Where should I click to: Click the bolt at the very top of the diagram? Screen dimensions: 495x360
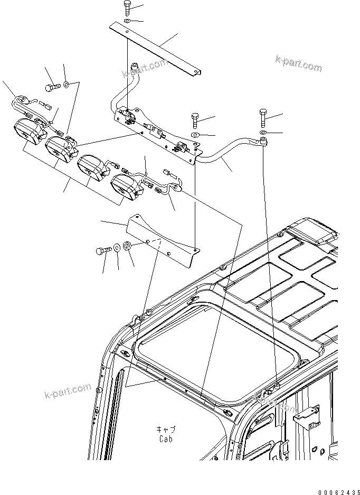[128, 8]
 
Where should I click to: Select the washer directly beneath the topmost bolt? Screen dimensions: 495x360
[128, 21]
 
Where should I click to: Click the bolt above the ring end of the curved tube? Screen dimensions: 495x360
[263, 115]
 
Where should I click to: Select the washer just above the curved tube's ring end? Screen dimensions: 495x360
[263, 131]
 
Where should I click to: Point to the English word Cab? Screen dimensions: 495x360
[165, 439]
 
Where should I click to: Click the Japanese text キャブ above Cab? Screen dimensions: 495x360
[165, 429]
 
